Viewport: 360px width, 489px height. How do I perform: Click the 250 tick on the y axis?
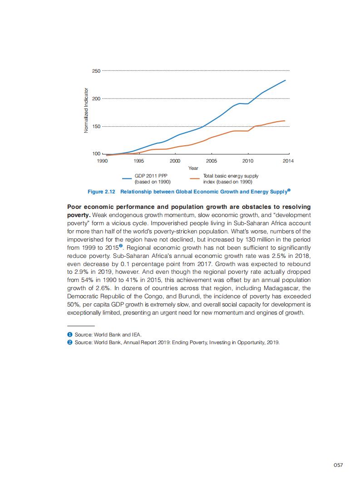pyautogui.click(x=96, y=71)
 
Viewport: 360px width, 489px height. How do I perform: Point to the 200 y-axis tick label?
pyautogui.click(x=96, y=99)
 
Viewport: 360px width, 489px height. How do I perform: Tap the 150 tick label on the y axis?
pyautogui.click(x=96, y=126)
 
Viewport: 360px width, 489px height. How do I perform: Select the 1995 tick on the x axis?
pyautogui.click(x=138, y=161)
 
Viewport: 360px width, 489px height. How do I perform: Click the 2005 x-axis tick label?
pyautogui.click(x=211, y=161)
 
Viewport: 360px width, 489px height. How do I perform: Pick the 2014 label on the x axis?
pyautogui.click(x=288, y=161)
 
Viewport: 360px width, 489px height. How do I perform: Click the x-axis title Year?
pyautogui.click(x=193, y=168)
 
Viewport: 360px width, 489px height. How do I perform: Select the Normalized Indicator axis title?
pyautogui.click(x=86, y=111)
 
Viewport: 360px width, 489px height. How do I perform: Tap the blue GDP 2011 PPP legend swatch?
pyautogui.click(x=127, y=178)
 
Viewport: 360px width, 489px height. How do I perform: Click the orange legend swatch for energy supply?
pyautogui.click(x=195, y=178)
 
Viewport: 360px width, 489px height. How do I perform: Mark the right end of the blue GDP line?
pyautogui.click(x=285, y=80)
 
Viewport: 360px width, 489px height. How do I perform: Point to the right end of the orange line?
pyautogui.click(x=285, y=121)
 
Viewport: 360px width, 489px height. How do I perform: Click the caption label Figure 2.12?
pyautogui.click(x=102, y=192)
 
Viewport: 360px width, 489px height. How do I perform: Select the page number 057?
pyautogui.click(x=338, y=464)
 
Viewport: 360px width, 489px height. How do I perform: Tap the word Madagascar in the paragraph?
pyautogui.click(x=281, y=288)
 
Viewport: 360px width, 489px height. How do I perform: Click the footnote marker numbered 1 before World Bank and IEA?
pyautogui.click(x=70, y=335)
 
